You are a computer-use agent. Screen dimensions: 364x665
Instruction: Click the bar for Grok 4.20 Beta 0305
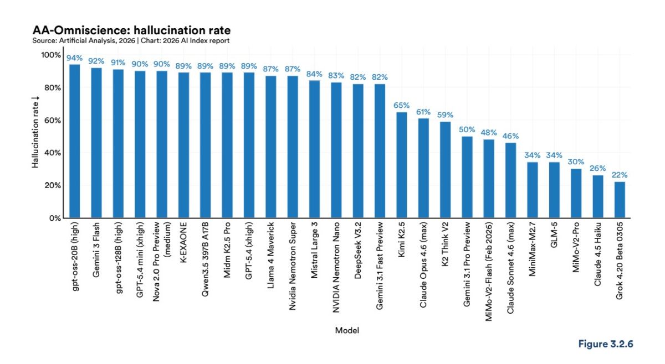pos(620,200)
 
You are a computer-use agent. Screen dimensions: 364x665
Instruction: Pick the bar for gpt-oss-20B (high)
pos(74,141)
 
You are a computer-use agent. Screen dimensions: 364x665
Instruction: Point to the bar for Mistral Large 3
pos(314,149)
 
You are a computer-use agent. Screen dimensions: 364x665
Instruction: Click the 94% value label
pos(74,58)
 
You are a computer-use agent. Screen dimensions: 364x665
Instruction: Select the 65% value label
pos(402,105)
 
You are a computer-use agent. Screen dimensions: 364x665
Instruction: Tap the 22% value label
pos(620,175)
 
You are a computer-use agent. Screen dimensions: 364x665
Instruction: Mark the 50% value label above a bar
pos(467,129)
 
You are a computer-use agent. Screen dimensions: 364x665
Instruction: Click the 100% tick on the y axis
pos(52,55)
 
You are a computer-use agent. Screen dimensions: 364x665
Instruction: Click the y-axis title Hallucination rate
pos(34,137)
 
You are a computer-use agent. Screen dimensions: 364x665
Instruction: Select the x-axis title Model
pos(347,330)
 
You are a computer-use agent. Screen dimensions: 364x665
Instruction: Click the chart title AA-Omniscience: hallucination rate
pos(132,30)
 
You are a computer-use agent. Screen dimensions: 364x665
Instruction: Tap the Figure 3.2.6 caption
pos(605,344)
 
